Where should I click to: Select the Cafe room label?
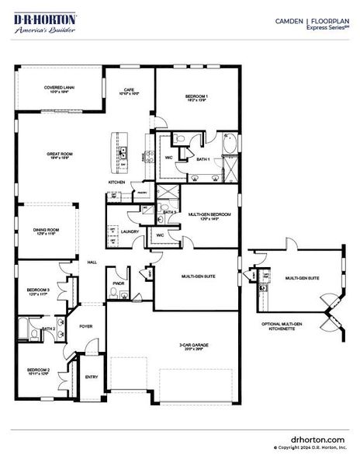tap(129, 91)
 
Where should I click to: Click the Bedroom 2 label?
tap(39, 370)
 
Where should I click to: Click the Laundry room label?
tap(130, 231)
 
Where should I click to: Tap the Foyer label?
tap(86, 326)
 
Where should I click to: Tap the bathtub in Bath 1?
tap(231, 143)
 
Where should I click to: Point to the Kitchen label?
tap(117, 183)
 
